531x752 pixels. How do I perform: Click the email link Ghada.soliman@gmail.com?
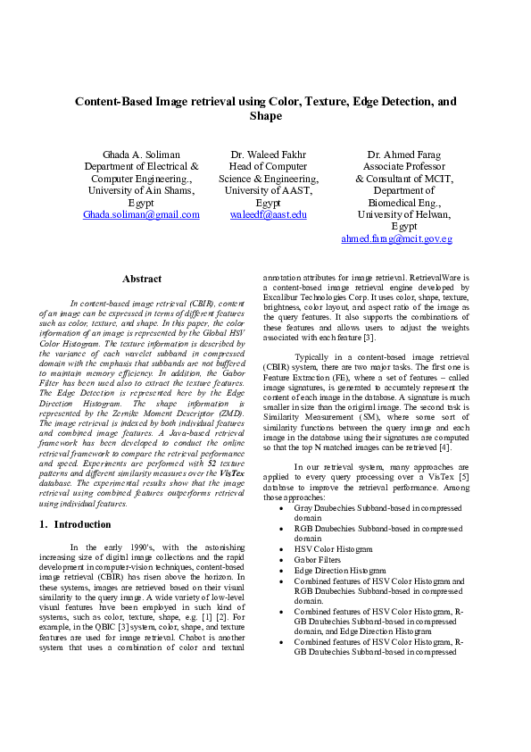[x=141, y=215]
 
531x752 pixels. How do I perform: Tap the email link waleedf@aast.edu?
[x=268, y=215]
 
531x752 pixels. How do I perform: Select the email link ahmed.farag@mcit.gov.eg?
[x=397, y=239]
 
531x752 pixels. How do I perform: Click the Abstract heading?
[x=142, y=280]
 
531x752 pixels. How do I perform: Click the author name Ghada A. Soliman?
[x=141, y=155]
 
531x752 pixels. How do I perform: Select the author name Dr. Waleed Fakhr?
[x=268, y=155]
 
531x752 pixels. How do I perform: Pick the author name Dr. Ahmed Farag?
[x=397, y=155]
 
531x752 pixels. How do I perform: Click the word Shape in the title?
[x=265, y=116]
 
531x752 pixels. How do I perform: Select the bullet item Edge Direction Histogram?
[x=339, y=570]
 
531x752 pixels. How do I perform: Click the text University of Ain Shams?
[x=141, y=191]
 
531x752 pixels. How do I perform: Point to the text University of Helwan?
[x=397, y=215]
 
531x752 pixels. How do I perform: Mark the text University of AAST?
[x=268, y=191]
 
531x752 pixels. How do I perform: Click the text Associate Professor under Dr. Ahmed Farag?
[x=397, y=167]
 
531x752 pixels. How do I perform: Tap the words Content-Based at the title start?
[x=112, y=102]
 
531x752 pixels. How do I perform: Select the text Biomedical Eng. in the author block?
[x=397, y=203]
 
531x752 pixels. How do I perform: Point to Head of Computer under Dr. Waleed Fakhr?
[x=268, y=167]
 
